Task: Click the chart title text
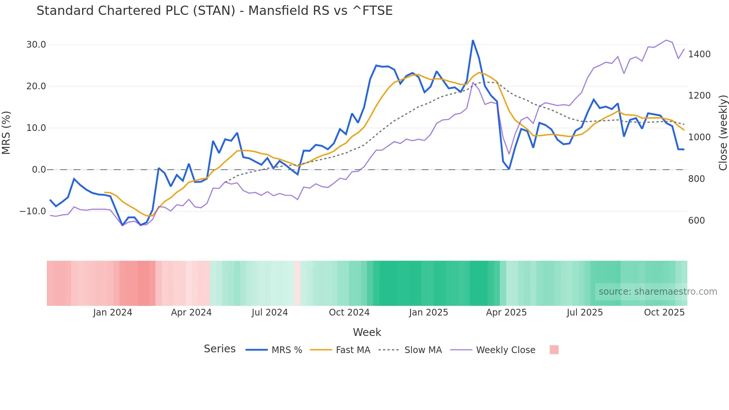click(x=214, y=11)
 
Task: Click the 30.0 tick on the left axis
click(x=36, y=45)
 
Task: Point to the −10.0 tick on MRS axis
click(x=33, y=211)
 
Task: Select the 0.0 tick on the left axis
click(x=39, y=170)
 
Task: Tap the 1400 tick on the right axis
click(x=699, y=54)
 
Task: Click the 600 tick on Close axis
click(x=696, y=221)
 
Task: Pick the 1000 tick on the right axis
click(x=699, y=137)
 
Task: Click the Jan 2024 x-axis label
click(x=112, y=313)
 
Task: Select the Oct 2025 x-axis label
click(x=664, y=313)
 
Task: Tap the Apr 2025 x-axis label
click(x=506, y=313)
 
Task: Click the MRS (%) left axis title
click(x=6, y=132)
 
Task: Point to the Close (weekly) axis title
click(x=723, y=132)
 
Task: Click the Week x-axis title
click(x=367, y=332)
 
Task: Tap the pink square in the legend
click(x=554, y=350)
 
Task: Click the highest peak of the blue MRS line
click(x=473, y=41)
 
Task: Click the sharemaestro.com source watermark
click(x=658, y=292)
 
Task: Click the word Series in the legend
click(x=219, y=349)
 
